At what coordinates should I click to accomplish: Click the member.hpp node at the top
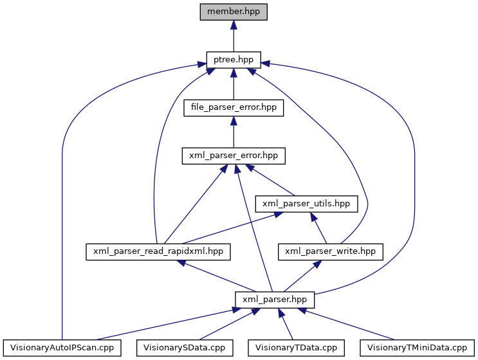click(x=233, y=12)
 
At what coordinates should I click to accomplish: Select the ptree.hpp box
click(x=233, y=60)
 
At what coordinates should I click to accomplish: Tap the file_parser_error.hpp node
click(x=233, y=107)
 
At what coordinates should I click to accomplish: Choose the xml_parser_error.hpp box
click(x=233, y=156)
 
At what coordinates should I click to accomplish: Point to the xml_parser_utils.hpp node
click(x=306, y=204)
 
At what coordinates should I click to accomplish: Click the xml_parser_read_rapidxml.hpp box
click(x=158, y=251)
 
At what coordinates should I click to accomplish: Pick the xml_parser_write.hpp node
click(x=330, y=251)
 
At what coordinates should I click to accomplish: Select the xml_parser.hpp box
click(x=275, y=300)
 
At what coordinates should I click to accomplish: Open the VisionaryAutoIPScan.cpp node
click(x=62, y=348)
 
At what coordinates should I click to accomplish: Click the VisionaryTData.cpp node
click(x=296, y=348)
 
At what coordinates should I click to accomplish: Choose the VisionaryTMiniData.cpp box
click(x=416, y=348)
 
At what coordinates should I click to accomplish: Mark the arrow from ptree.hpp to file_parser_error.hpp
click(x=233, y=84)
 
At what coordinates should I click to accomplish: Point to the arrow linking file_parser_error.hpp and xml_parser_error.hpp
click(x=233, y=132)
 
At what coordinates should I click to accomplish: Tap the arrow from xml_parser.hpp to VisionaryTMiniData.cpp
click(x=347, y=324)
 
